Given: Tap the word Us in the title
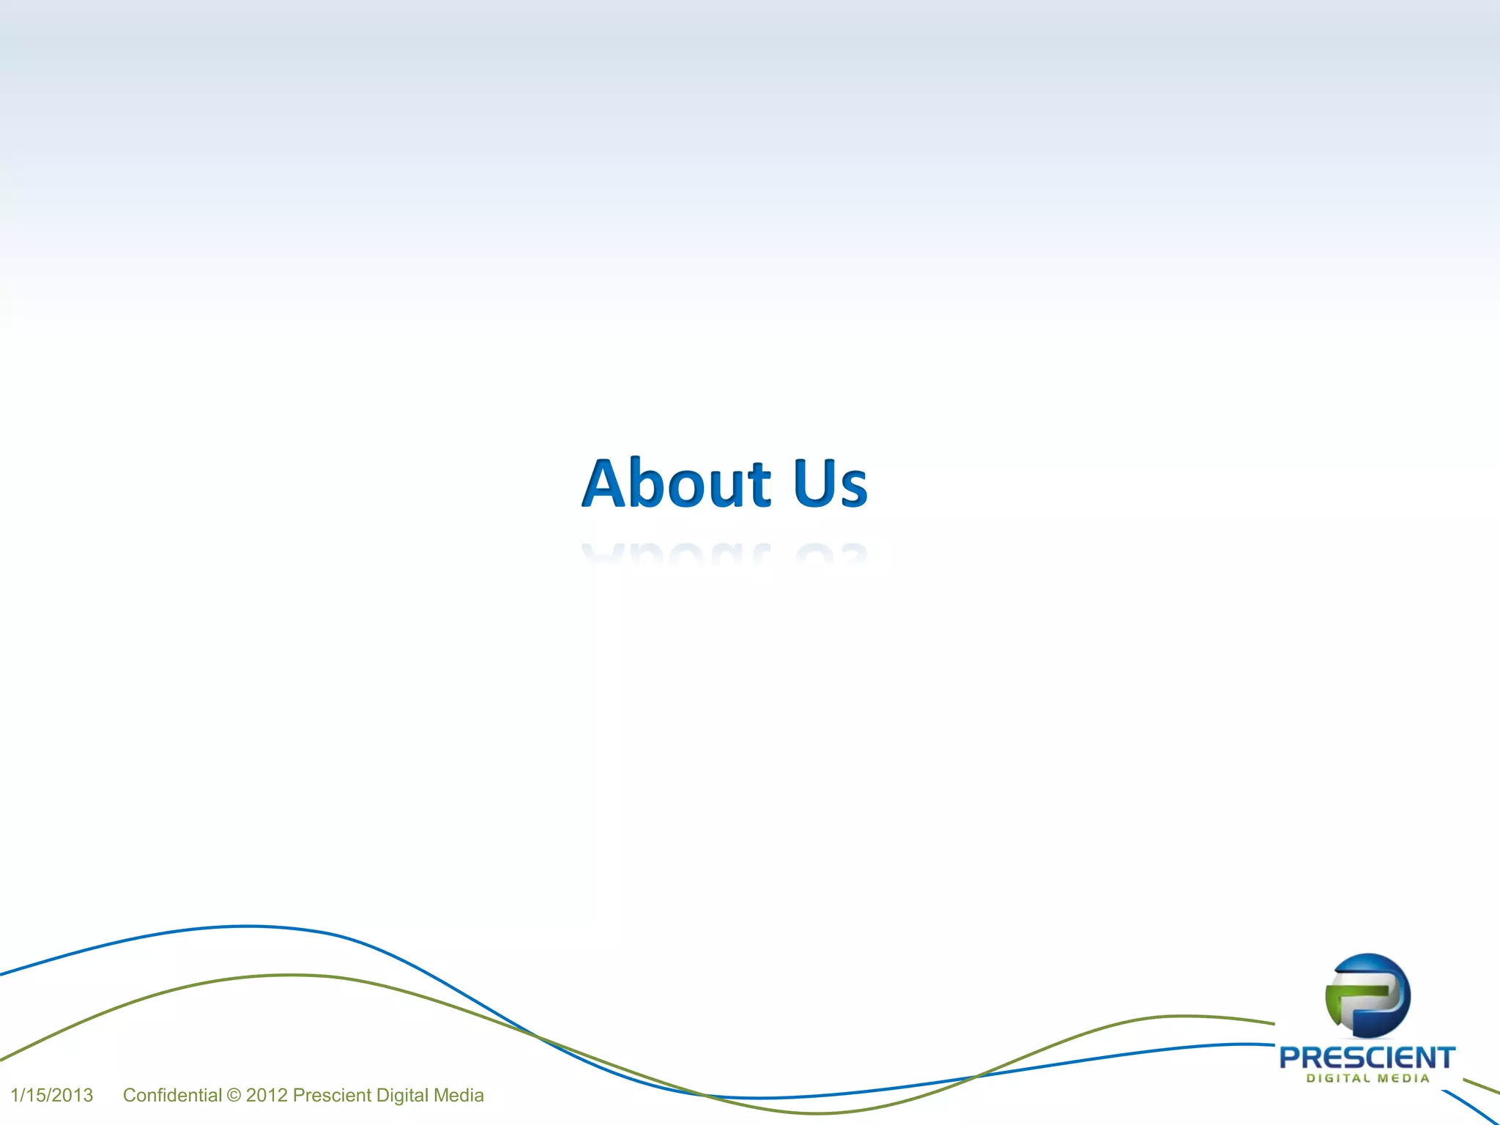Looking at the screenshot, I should click(831, 483).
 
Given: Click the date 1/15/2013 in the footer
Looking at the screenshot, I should click(52, 1095).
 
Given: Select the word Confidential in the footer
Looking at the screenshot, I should click(172, 1095).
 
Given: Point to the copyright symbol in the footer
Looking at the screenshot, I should click(234, 1096).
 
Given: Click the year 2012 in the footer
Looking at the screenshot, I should click(267, 1095).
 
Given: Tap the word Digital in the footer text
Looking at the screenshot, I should click(402, 1095).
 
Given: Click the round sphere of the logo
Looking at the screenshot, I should click(1367, 995).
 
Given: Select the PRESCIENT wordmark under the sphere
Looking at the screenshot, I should click(1367, 1058).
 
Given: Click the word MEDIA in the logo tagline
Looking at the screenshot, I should click(1403, 1078).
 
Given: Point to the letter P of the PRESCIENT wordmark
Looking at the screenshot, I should click(1291, 1058).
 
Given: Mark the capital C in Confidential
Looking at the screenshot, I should click(130, 1095).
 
